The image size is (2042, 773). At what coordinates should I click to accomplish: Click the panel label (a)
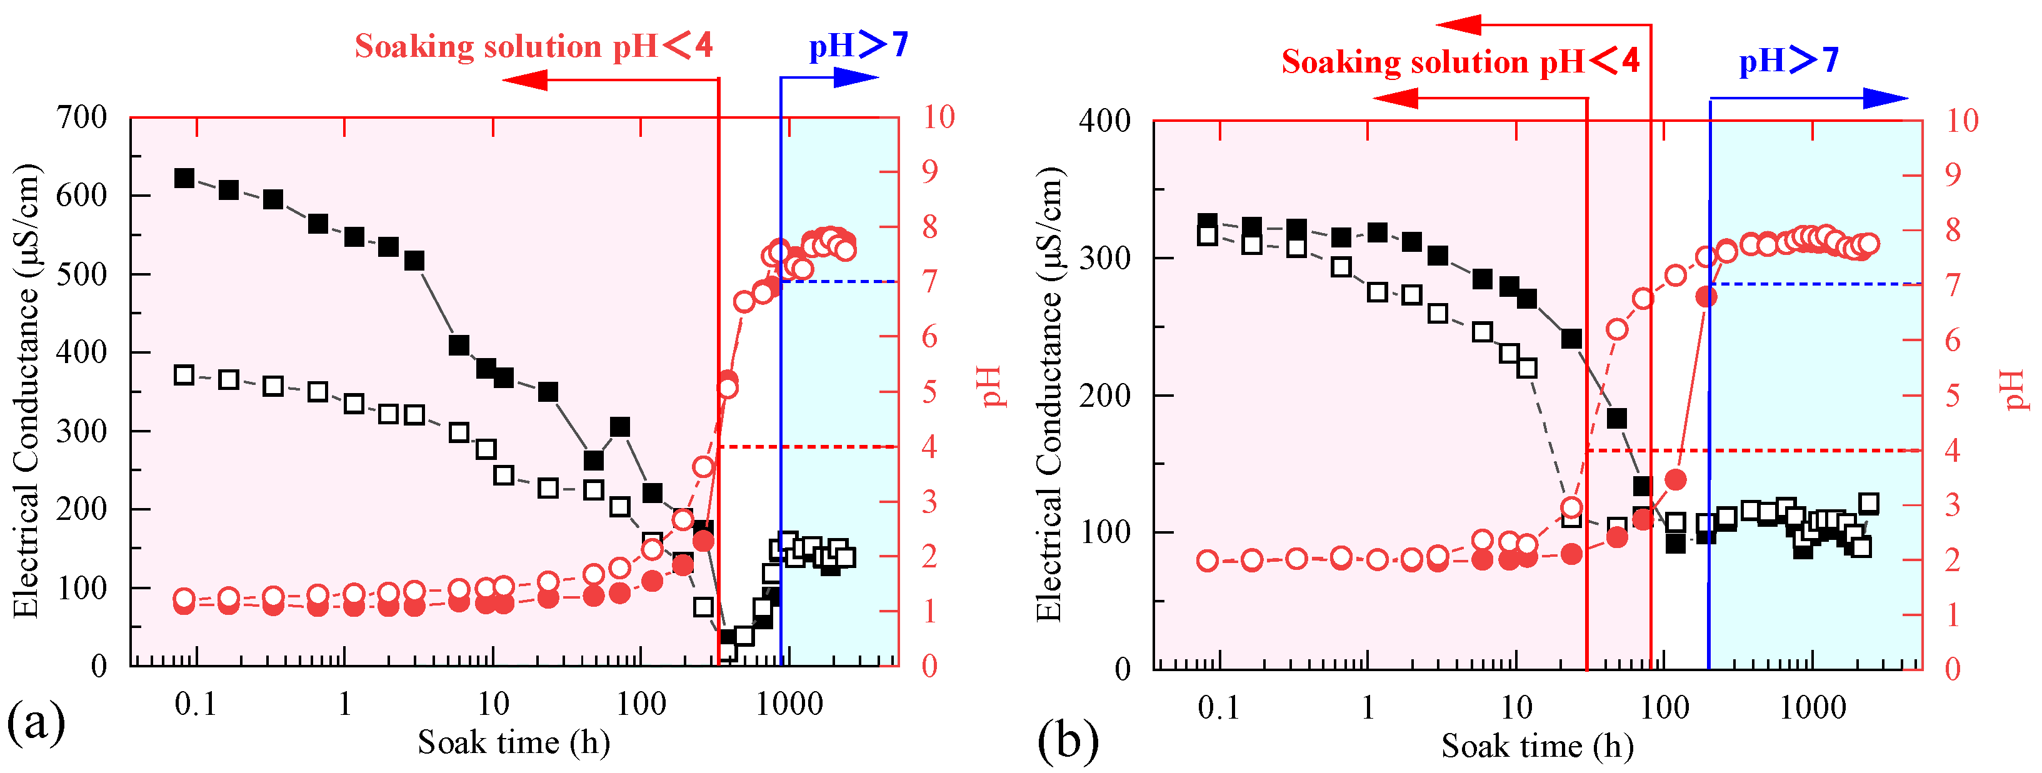point(35,722)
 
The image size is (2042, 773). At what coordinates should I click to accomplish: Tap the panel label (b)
point(1067,741)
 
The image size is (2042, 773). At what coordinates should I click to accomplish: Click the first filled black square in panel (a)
point(184,177)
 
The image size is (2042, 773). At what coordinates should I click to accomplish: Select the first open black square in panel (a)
point(184,375)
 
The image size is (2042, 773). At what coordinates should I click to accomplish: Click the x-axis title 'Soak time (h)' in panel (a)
point(514,743)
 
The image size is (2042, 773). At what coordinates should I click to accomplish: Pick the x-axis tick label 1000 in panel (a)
point(789,703)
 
